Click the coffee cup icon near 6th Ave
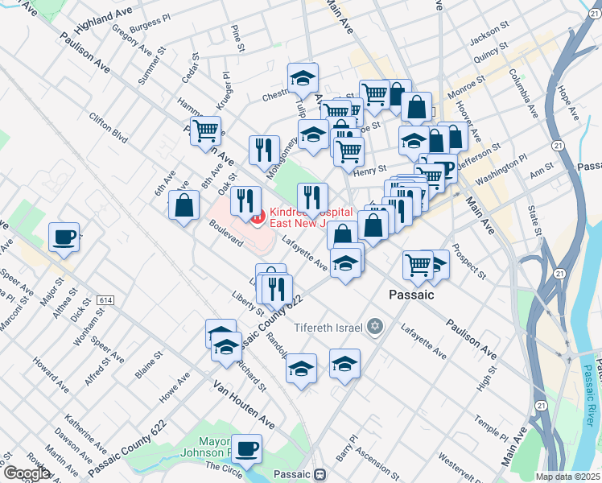[64, 237]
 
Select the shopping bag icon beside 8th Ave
[184, 206]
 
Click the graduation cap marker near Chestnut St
[303, 79]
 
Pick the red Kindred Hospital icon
[255, 216]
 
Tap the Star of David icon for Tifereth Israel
[373, 326]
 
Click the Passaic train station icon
[320, 474]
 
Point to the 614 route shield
[105, 299]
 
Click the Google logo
[26, 473]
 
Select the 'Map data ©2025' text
[567, 477]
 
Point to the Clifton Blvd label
[109, 128]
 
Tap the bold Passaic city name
[411, 295]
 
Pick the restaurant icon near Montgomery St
[264, 150]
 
